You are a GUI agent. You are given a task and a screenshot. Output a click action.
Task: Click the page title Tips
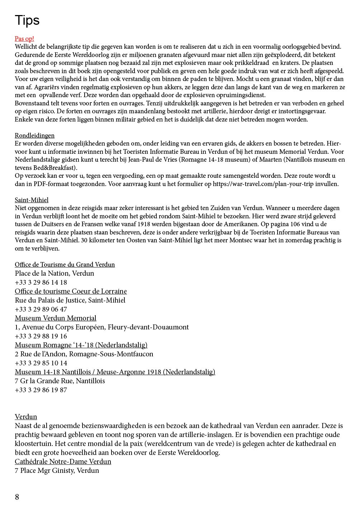click(27, 20)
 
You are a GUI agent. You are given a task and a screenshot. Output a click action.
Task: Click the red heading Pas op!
click(24, 39)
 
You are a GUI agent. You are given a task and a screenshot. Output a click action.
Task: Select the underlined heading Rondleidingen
click(34, 136)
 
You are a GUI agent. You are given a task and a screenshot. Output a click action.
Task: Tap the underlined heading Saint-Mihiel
click(32, 200)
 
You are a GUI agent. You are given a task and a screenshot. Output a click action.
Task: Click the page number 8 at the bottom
click(17, 497)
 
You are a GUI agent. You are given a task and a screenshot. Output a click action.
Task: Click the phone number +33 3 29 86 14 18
click(41, 283)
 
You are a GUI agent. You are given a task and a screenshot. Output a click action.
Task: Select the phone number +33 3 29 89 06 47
click(41, 309)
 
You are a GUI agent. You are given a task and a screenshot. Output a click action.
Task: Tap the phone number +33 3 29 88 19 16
click(41, 336)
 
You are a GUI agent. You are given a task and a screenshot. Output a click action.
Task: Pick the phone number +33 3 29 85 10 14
click(41, 363)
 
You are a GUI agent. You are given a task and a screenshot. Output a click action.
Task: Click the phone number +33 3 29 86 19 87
click(41, 390)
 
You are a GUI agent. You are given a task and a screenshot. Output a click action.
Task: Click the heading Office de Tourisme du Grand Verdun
click(65, 265)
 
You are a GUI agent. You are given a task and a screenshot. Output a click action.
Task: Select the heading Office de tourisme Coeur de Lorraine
click(71, 291)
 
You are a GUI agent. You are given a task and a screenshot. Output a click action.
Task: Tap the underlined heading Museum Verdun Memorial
click(56, 318)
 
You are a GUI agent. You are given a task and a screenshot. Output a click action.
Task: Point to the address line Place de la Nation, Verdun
click(55, 274)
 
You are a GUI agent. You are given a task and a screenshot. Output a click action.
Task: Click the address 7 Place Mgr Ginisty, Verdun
click(57, 471)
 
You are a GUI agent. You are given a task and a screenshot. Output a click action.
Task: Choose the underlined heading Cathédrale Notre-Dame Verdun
click(63, 462)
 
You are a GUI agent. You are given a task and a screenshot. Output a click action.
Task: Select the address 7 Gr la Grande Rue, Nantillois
click(60, 381)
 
